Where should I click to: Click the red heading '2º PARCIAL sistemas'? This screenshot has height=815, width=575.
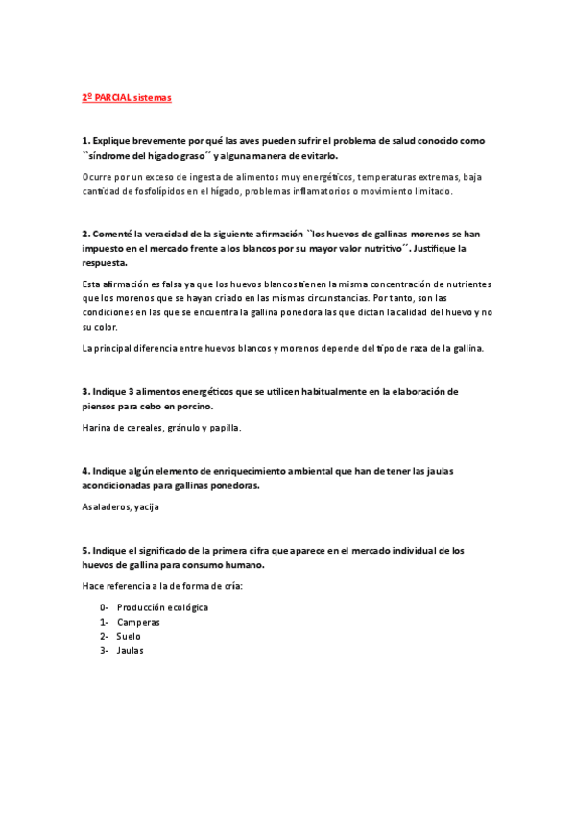tap(126, 97)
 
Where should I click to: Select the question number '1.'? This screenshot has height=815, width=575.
tap(85, 140)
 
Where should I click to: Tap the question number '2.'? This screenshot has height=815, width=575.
tap(85, 234)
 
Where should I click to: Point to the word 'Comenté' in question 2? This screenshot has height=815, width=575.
tap(112, 234)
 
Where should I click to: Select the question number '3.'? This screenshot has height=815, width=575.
tap(85, 392)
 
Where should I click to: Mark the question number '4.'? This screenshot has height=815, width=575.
tap(85, 471)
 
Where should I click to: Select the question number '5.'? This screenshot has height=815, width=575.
tap(85, 550)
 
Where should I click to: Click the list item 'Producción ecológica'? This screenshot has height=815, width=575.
tap(162, 607)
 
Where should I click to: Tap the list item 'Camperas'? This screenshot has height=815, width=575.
tap(138, 622)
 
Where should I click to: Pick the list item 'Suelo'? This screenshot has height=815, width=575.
tap(129, 636)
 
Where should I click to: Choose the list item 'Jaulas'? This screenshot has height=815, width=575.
tap(131, 651)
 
